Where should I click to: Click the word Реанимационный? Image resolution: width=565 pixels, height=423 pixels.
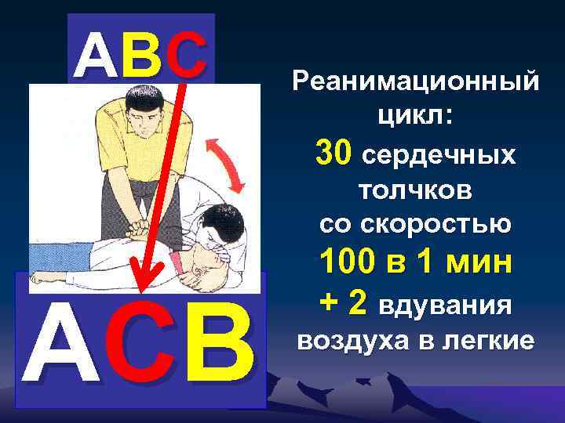pos(415,81)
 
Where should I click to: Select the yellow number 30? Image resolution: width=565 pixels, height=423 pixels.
pos(334,154)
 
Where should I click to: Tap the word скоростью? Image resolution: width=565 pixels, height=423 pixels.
pos(450,224)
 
